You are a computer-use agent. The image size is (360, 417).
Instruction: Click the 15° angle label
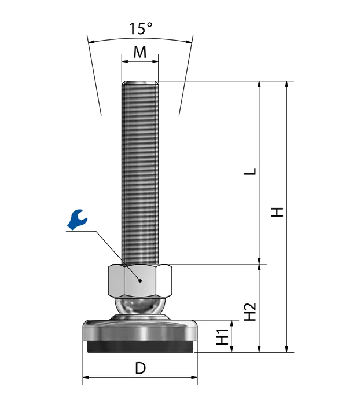141,28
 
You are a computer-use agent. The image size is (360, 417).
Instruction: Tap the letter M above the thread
140,52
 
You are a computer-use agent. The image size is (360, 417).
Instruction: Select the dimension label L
250,171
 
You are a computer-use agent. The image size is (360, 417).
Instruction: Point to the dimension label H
277,212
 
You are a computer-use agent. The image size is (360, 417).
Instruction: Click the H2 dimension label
250,312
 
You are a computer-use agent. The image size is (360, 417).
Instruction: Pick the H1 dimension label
223,337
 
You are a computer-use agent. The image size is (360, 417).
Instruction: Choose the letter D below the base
141,368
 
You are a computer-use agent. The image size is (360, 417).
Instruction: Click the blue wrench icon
77,220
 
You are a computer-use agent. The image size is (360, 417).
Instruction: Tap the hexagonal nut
140,280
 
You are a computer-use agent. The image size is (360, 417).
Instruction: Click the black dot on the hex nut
140,280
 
